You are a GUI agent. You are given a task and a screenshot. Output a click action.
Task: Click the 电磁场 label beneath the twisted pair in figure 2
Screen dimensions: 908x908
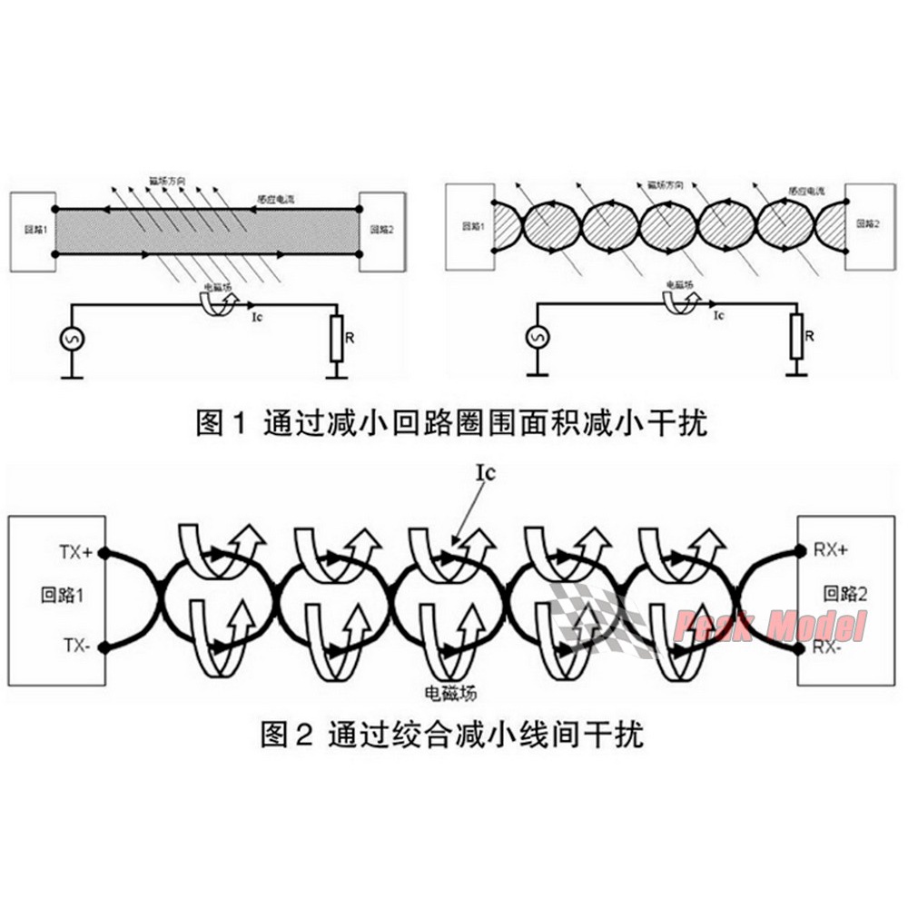(x=451, y=694)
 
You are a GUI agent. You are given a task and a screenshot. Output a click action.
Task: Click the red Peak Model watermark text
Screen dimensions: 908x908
(x=770, y=626)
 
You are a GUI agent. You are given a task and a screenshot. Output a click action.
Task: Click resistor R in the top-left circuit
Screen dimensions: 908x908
(x=337, y=337)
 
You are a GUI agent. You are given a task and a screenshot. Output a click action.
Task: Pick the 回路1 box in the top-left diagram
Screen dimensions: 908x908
(x=33, y=231)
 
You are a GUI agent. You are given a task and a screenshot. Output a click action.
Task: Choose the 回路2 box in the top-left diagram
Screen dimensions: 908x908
(x=383, y=231)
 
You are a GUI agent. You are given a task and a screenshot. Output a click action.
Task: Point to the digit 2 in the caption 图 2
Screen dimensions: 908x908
(x=304, y=734)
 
